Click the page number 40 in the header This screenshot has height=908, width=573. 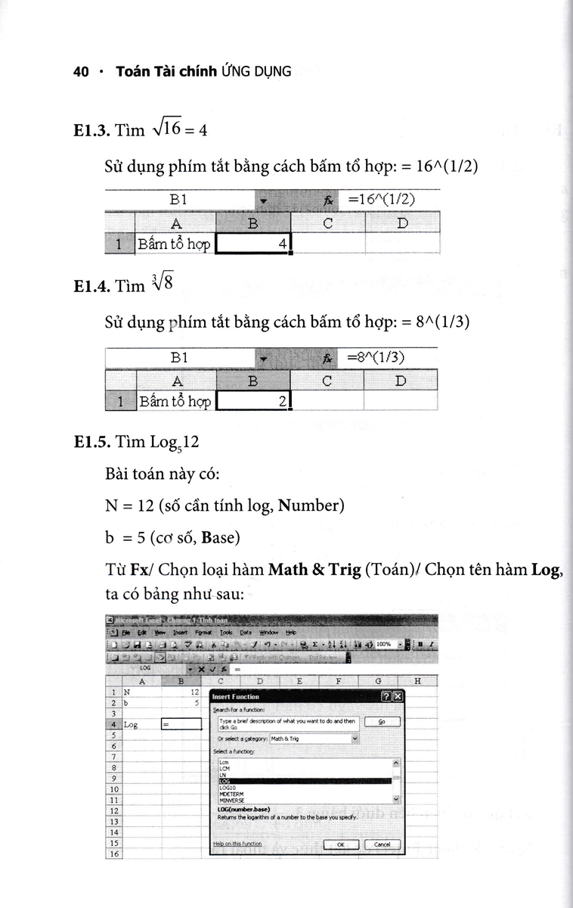[x=81, y=72]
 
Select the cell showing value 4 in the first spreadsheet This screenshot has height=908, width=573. [x=252, y=244]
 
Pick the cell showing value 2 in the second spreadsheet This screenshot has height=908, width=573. [x=252, y=402]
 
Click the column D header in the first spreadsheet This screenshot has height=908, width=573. [x=402, y=223]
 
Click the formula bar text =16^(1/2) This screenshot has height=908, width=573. [x=383, y=200]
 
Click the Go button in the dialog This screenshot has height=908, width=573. [x=382, y=722]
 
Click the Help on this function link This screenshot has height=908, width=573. [x=238, y=844]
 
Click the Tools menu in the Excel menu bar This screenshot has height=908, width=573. [x=226, y=633]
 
